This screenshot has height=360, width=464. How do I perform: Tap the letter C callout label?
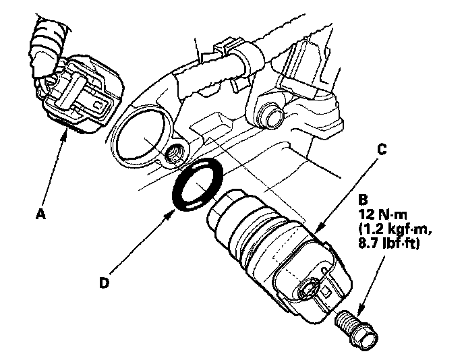point(382,150)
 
